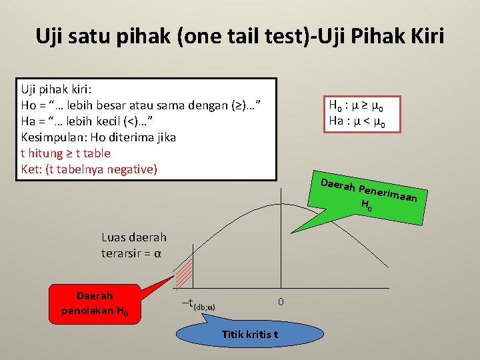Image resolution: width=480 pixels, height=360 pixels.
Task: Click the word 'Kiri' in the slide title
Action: click(x=423, y=35)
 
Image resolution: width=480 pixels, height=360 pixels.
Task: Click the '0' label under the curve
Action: click(x=281, y=302)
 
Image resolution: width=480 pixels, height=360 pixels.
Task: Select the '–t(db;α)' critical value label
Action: click(x=198, y=304)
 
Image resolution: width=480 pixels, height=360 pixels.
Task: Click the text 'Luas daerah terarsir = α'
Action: click(x=134, y=245)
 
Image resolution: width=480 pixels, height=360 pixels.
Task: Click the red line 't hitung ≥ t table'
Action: click(x=66, y=153)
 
